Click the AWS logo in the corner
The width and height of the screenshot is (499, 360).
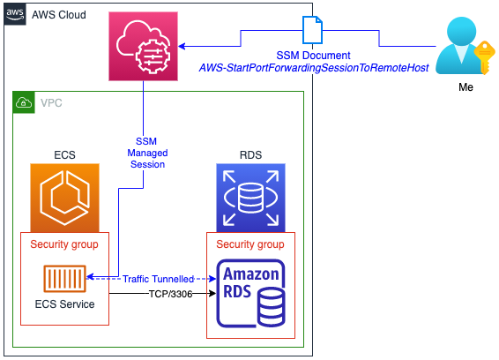(15, 14)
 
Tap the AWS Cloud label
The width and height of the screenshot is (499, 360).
(59, 15)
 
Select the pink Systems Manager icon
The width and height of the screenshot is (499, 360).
(143, 46)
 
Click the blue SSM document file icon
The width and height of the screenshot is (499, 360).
(312, 30)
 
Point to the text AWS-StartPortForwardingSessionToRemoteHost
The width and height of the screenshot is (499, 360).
(314, 68)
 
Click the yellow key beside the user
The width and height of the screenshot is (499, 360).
(484, 57)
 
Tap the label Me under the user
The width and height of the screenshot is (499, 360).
(465, 87)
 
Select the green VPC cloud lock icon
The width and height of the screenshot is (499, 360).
(24, 102)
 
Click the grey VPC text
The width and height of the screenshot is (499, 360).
(51, 103)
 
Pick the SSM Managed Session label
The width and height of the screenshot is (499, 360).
(147, 153)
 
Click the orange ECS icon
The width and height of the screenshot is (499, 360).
(64, 198)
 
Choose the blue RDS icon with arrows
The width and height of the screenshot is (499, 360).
(250, 198)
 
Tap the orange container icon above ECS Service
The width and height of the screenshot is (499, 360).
(64, 279)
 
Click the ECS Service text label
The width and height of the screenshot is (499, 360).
(64, 304)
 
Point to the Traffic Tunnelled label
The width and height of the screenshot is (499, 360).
(158, 279)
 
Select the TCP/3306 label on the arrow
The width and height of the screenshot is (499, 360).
(170, 294)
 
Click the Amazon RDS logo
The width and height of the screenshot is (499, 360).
(250, 294)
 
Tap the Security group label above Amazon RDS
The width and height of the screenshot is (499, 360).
(250, 244)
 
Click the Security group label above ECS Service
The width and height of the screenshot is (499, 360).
(64, 244)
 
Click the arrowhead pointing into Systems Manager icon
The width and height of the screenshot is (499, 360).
(182, 46)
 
